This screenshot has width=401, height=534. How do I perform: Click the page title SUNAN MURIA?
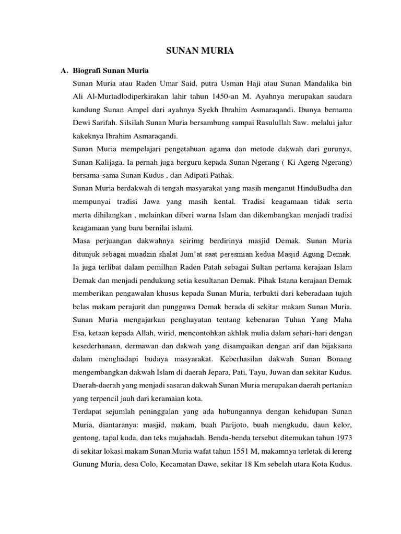click(200, 51)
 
